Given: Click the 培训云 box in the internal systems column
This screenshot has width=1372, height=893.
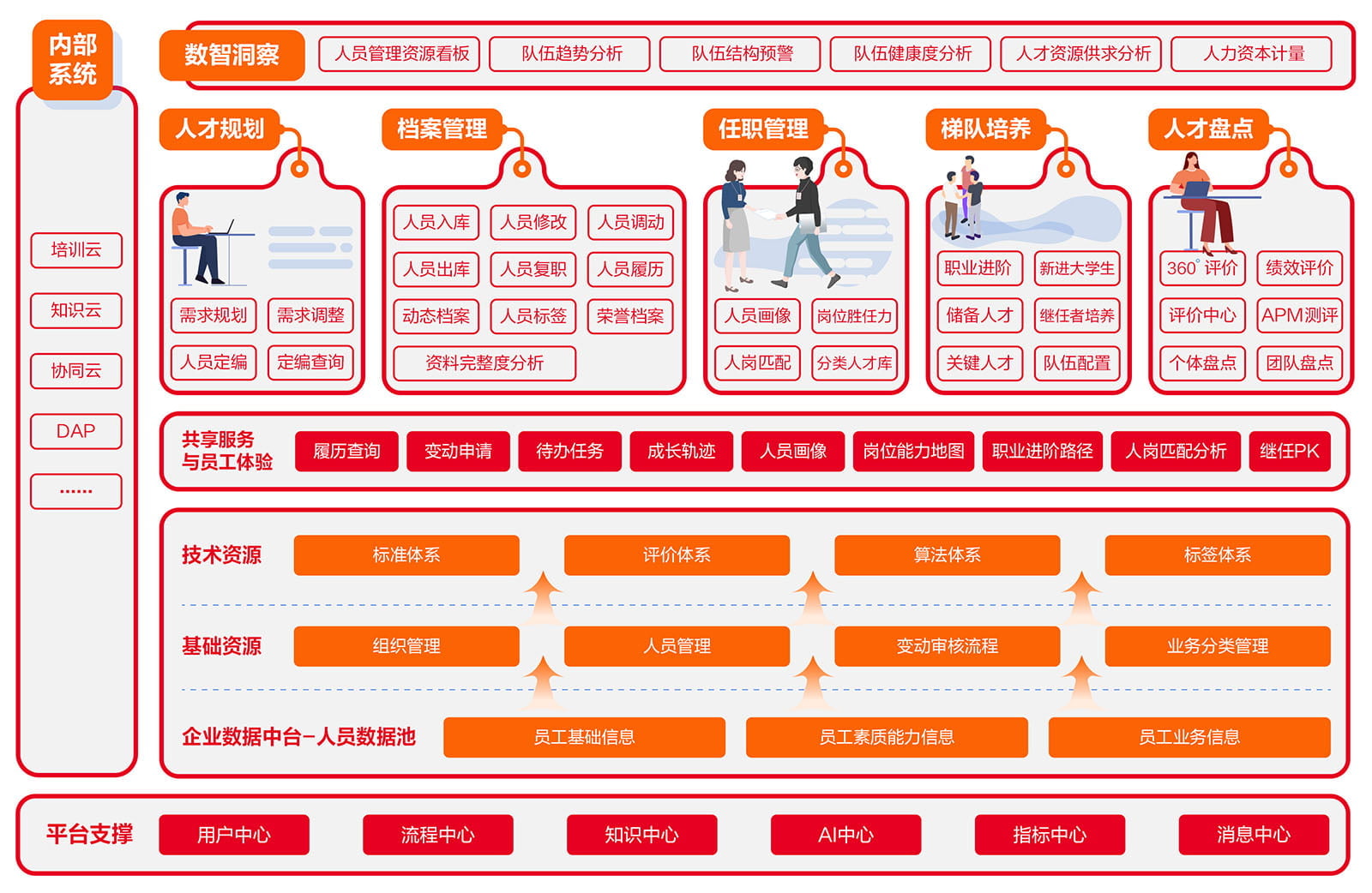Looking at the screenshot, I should pyautogui.click(x=75, y=250).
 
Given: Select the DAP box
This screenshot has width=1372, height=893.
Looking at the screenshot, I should pyautogui.click(x=75, y=431).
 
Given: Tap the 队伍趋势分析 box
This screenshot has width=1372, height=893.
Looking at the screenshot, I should pyautogui.click(x=571, y=54).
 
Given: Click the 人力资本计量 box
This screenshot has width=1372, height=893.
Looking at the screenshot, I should pyautogui.click(x=1253, y=54).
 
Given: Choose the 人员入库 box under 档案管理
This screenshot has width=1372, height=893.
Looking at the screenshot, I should pyautogui.click(x=436, y=223).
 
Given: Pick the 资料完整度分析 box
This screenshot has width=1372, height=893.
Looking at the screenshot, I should pyautogui.click(x=484, y=363).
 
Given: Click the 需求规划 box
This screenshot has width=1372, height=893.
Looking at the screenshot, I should pyautogui.click(x=213, y=315).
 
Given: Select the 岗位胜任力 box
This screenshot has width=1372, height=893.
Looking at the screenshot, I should pyautogui.click(x=854, y=316).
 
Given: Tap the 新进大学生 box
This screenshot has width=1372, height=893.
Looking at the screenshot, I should pyautogui.click(x=1076, y=268).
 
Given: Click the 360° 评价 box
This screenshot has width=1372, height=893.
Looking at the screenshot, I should pyautogui.click(x=1201, y=268).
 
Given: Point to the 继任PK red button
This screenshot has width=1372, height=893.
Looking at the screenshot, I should pyautogui.click(x=1289, y=451).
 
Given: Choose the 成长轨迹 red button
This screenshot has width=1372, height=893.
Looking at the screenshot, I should pyautogui.click(x=681, y=451).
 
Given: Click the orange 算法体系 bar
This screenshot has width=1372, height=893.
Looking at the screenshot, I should pyautogui.click(x=947, y=555).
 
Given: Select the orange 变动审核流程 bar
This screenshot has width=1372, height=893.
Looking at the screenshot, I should pyautogui.click(x=947, y=646).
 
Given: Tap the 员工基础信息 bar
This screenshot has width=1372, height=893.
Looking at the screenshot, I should pyautogui.click(x=584, y=737).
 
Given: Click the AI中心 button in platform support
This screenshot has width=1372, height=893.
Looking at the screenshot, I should pyautogui.click(x=845, y=835).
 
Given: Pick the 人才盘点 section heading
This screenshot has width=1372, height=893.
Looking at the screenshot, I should pyautogui.click(x=1207, y=129).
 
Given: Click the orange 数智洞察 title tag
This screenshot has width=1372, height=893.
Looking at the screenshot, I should pyautogui.click(x=232, y=56).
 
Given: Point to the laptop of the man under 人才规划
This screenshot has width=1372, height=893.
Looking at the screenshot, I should pyautogui.click(x=225, y=227).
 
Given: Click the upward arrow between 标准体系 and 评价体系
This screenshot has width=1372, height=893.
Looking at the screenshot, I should pyautogui.click(x=542, y=596).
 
